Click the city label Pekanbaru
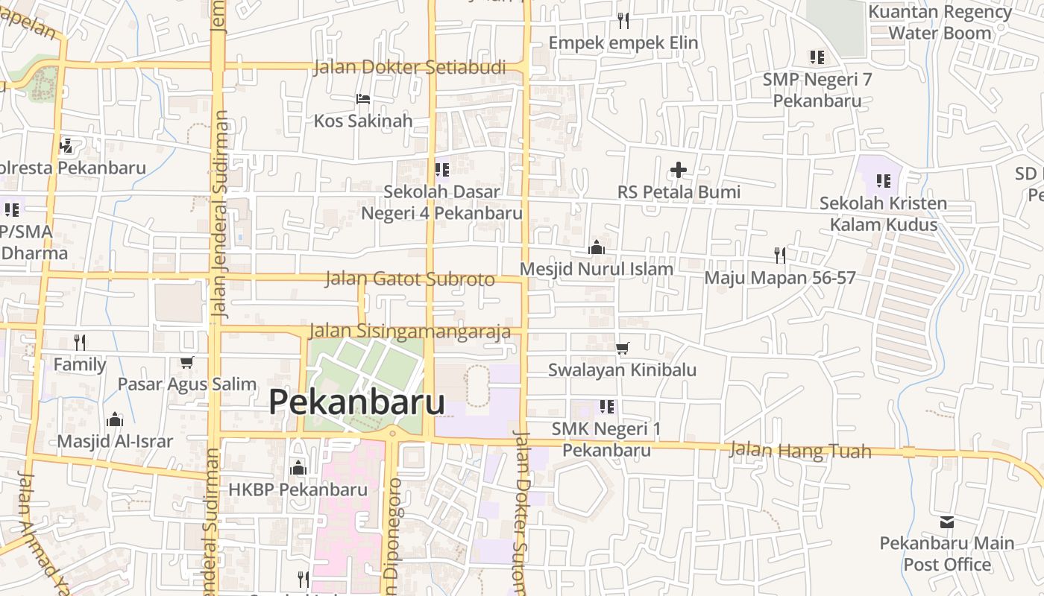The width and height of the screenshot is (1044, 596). point(356,402)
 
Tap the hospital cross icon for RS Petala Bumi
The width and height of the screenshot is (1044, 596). point(678,171)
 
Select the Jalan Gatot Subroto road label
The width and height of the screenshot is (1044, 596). point(409,279)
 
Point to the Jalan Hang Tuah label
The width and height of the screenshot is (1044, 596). point(799,450)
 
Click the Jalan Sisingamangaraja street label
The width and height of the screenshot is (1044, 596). point(409,331)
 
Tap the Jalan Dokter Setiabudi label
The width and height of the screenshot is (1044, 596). point(409,67)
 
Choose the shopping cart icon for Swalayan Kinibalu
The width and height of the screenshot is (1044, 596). point(623,348)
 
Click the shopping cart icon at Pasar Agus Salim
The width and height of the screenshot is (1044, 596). point(186,363)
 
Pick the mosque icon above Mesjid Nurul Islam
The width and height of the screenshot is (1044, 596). point(597,247)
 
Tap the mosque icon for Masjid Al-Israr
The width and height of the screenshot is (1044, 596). point(114,419)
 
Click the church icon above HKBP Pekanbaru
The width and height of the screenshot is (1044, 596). point(298,468)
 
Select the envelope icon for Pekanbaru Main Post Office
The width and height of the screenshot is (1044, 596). point(947,521)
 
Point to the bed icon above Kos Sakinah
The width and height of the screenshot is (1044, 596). point(363,98)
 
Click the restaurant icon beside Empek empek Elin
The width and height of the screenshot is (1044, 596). point(623,20)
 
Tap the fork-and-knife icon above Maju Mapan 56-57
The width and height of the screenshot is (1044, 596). point(780,256)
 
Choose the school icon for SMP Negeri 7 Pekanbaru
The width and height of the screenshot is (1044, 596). point(817,57)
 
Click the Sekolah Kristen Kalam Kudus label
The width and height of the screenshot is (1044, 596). point(883,214)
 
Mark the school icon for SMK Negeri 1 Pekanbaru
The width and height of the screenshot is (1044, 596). point(607,407)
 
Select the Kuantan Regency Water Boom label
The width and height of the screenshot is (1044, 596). point(940,22)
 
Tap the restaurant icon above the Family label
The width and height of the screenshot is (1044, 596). point(80,343)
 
